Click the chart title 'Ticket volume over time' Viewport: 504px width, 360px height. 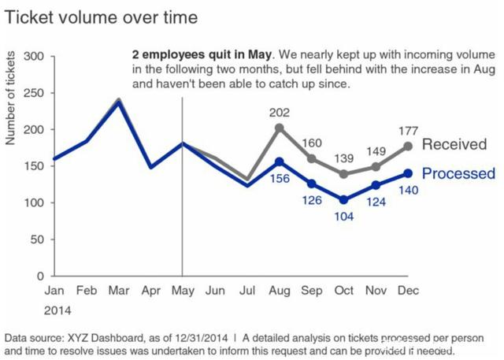102,17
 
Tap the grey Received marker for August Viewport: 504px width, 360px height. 279,128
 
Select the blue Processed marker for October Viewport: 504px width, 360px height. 343,200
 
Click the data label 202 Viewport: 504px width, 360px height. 279,112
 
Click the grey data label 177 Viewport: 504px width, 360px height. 407,131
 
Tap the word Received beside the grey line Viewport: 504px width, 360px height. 454,144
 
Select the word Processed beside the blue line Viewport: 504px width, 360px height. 458,174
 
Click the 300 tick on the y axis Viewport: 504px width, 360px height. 34,57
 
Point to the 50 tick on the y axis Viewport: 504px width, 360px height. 37,239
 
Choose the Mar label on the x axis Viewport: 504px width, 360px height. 118,291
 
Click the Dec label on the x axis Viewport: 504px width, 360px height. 407,291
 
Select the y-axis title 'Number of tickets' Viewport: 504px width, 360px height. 11,98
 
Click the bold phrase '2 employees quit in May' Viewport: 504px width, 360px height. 201,55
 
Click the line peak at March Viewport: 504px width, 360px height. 118,101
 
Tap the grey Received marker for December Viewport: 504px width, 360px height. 407,147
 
